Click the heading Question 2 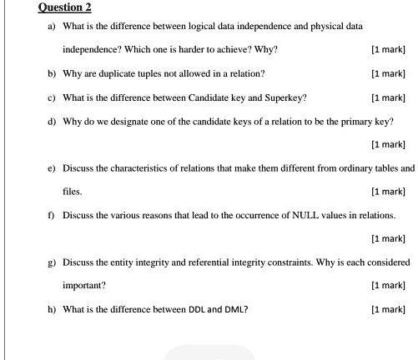click(64, 7)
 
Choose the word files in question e click(72, 192)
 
